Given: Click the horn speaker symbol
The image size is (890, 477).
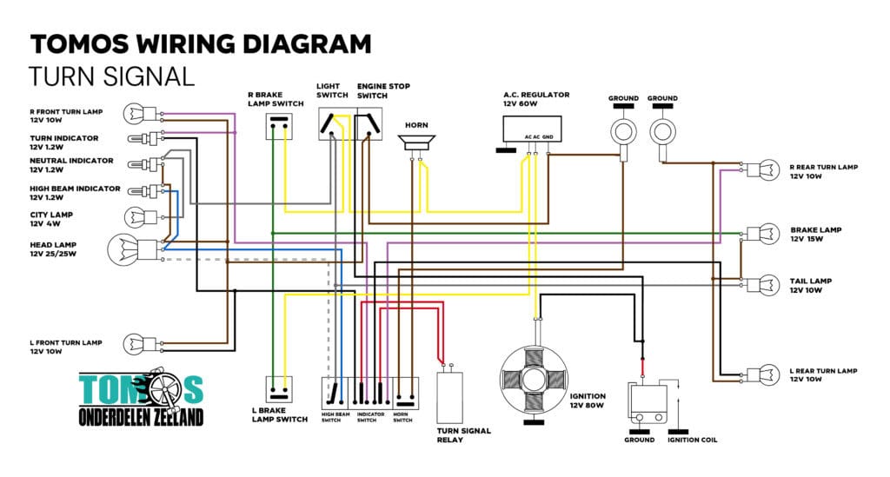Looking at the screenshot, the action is (416, 142).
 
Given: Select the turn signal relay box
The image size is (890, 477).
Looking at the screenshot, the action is (449, 398).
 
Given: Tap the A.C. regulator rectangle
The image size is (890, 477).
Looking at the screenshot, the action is (532, 129).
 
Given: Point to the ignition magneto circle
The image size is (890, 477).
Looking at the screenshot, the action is (534, 380).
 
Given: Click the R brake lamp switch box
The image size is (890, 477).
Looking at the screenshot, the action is (279, 126).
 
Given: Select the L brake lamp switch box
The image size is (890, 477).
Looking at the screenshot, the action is (279, 389).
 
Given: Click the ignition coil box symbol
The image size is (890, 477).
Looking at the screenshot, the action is (648, 403).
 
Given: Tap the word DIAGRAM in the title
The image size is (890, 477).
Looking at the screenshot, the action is (307, 44).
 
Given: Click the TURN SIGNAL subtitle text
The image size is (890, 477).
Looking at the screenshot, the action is (112, 76).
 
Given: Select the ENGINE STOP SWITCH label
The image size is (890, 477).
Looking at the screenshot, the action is (383, 90).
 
